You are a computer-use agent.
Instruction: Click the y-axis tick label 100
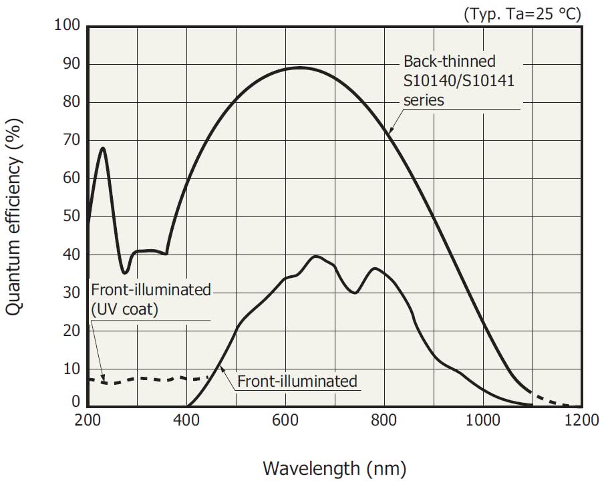click(67, 26)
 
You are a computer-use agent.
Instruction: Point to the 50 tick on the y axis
click(71, 217)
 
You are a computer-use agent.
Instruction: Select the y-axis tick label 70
click(71, 140)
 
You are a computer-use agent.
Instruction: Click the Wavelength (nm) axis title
click(334, 467)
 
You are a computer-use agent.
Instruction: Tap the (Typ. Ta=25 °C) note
click(522, 13)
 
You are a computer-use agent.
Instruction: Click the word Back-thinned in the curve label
click(450, 61)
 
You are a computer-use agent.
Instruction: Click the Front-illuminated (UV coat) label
click(150, 299)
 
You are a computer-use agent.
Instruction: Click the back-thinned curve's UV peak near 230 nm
click(103, 148)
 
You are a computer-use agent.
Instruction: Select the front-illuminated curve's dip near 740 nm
click(355, 293)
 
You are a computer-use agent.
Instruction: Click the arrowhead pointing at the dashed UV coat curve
click(104, 381)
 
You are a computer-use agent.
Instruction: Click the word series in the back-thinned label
click(424, 100)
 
